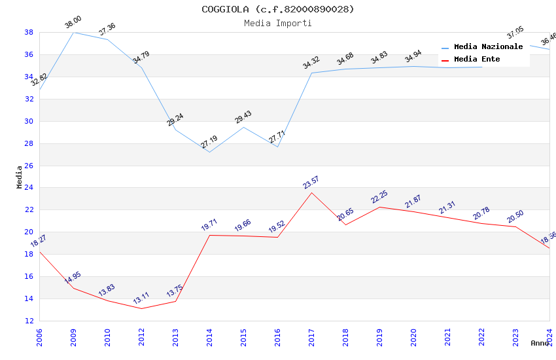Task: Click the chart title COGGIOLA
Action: pos(277,9)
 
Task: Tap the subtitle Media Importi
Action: pos(277,23)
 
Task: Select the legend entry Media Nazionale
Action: pos(488,47)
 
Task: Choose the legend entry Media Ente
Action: pos(477,60)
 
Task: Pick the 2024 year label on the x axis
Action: pos(549,334)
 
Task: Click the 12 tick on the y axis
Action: pos(29,321)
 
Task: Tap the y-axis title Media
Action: pos(20,177)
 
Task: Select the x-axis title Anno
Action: pos(540,343)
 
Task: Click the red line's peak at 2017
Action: pos(311,192)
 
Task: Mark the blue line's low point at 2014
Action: pos(209,152)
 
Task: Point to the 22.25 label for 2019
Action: pos(379,197)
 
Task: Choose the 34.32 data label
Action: pos(311,63)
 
